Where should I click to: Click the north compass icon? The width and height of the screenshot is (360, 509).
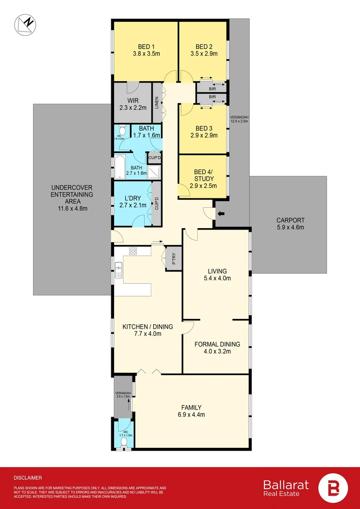(25, 25)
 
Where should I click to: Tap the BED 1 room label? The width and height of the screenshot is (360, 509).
(146, 47)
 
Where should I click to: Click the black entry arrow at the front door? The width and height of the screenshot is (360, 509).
(220, 215)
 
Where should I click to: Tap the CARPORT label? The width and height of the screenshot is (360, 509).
(291, 220)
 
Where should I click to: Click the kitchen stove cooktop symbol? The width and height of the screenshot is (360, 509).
(133, 251)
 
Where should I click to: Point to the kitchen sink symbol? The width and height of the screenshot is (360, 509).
(119, 270)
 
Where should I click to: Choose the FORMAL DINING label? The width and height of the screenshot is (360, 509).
(217, 344)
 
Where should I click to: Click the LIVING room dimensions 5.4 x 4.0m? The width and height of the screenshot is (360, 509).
(217, 278)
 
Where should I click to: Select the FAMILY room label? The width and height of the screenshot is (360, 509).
(191, 407)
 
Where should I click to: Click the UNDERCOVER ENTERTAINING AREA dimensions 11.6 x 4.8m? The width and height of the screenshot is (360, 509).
(72, 209)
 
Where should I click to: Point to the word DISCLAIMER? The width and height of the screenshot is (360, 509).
(28, 477)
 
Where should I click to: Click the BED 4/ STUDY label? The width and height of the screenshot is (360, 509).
(204, 175)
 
